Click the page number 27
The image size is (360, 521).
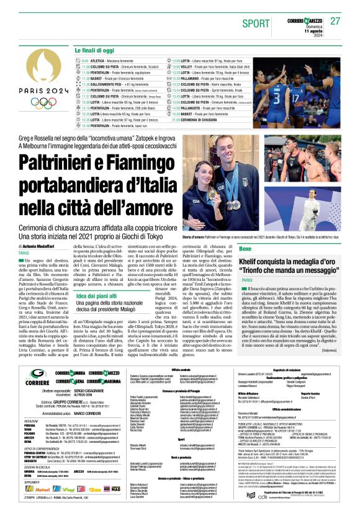tap(336, 21)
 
